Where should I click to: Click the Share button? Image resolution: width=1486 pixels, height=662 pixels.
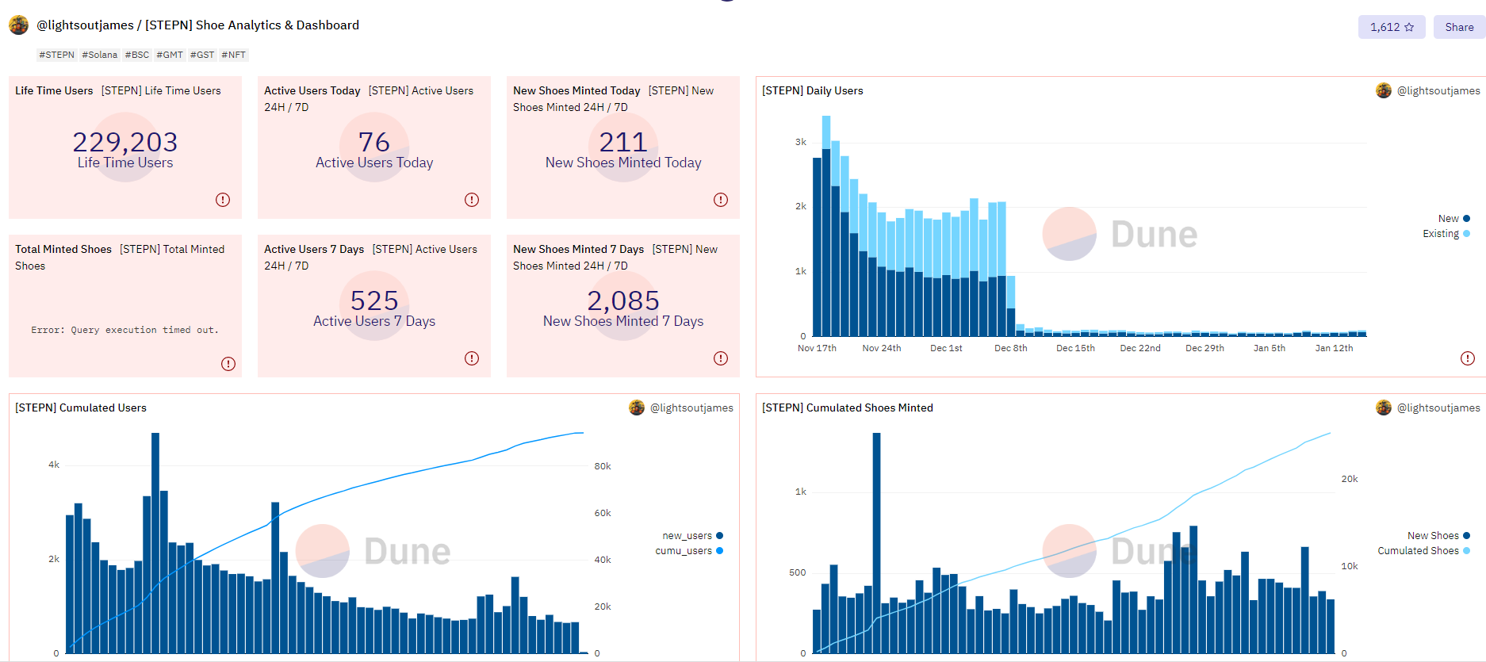(1458, 27)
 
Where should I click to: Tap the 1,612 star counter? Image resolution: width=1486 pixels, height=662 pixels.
(1391, 27)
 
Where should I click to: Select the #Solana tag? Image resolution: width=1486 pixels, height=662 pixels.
(100, 55)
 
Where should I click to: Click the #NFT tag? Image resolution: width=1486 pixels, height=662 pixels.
(233, 55)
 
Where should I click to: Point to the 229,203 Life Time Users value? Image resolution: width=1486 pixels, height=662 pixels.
(125, 142)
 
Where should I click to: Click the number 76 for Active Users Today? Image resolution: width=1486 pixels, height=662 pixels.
(374, 142)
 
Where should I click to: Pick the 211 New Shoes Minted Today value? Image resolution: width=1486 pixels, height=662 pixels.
(623, 142)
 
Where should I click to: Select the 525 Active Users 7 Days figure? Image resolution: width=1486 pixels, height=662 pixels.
(374, 300)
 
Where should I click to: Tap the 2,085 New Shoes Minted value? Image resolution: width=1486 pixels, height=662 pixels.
(623, 300)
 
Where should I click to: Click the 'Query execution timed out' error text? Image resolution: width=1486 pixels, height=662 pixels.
(125, 330)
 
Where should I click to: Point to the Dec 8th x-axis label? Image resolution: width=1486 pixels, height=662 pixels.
(1010, 348)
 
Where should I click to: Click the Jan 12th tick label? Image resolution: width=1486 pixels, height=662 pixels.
(1334, 348)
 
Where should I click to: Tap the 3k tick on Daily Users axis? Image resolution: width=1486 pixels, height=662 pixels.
(801, 142)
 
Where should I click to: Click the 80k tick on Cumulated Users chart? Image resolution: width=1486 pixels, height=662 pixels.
(603, 466)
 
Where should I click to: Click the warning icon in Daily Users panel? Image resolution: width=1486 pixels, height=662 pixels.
(1468, 358)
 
